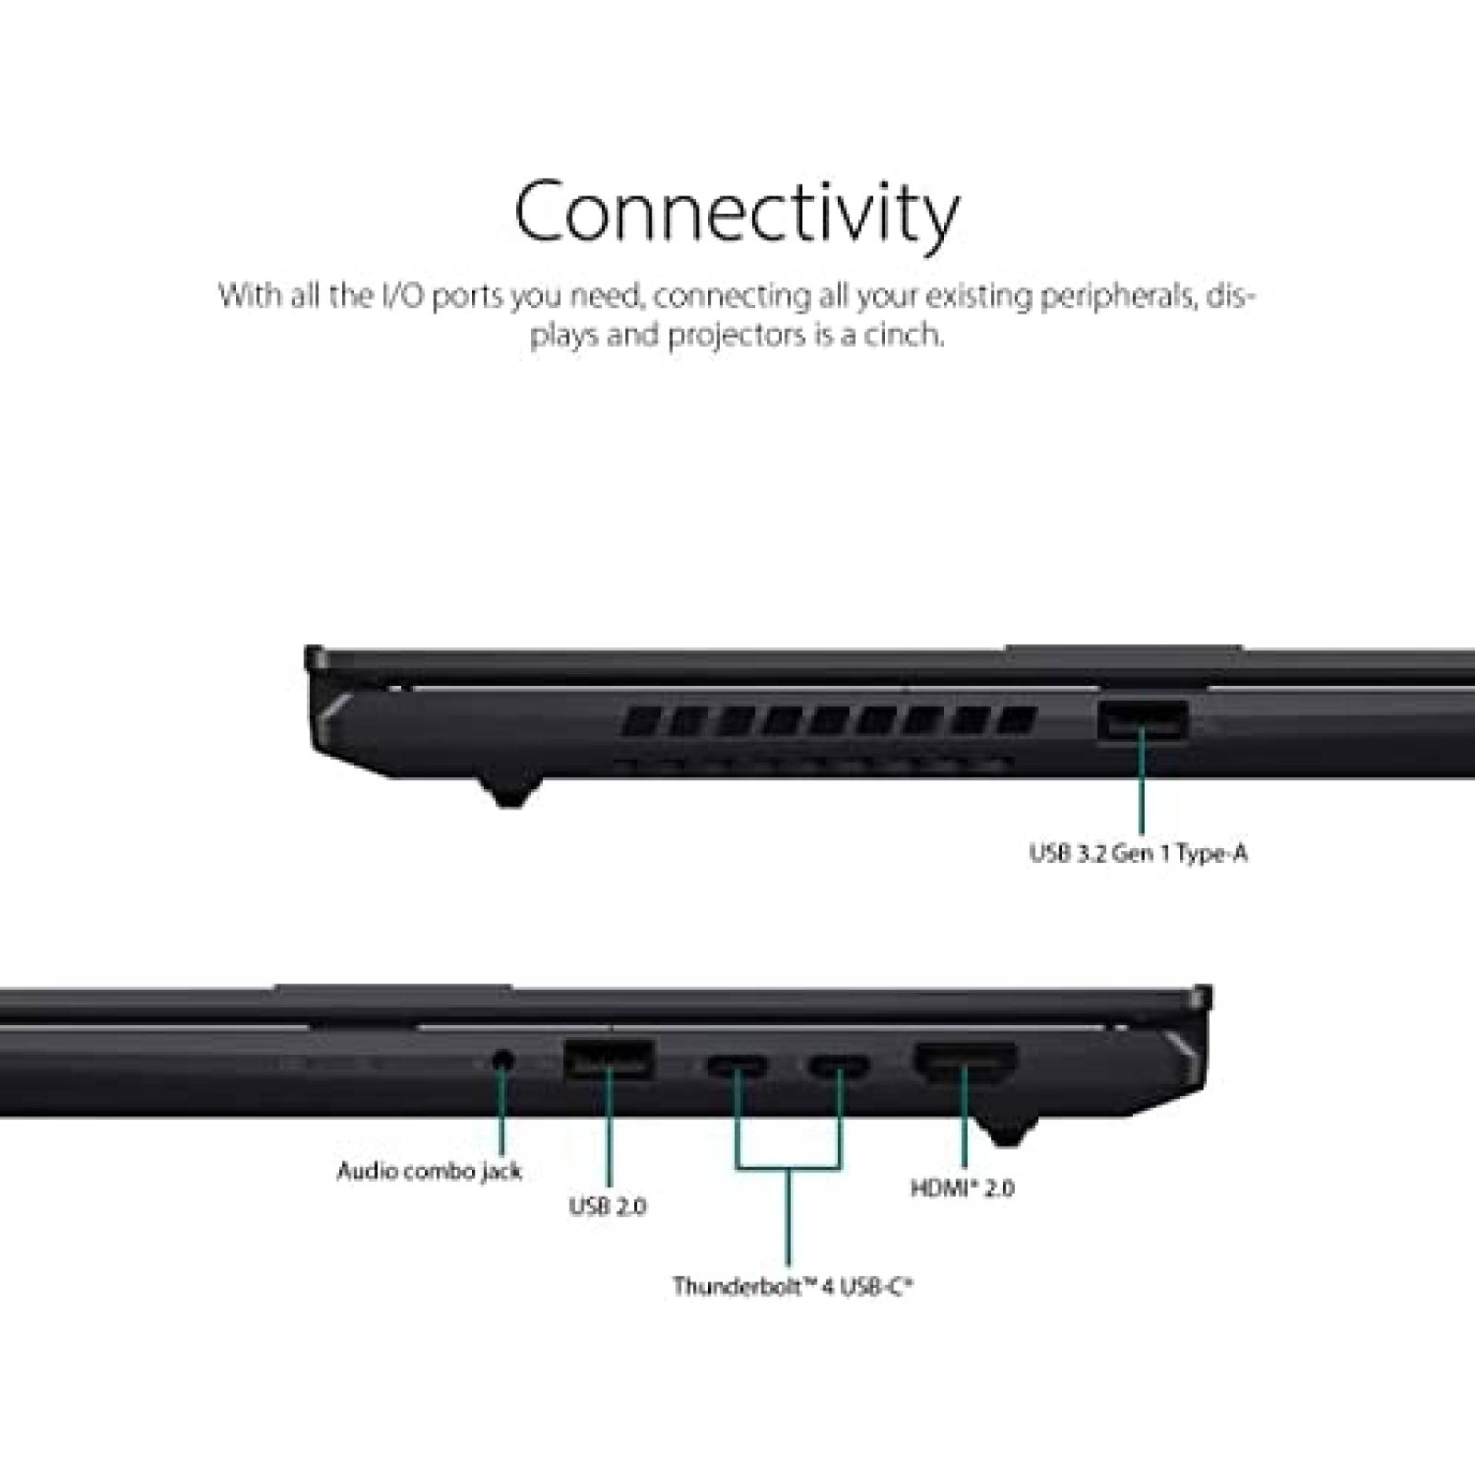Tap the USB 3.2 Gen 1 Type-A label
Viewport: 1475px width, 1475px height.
(1139, 854)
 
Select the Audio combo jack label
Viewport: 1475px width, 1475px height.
(430, 1172)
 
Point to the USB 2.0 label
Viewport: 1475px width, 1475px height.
(608, 1206)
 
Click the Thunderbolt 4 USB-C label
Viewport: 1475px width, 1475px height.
(792, 1286)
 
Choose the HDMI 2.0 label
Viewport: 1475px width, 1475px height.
(962, 1188)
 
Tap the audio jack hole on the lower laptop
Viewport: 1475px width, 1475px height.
(502, 1060)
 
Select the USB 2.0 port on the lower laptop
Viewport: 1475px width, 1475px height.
(608, 1058)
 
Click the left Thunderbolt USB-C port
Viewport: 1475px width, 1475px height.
(737, 1068)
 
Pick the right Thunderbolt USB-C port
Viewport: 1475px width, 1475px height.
(839, 1068)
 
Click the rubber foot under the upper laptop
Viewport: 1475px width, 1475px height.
(509, 791)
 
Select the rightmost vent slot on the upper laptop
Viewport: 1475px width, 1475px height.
(1018, 720)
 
